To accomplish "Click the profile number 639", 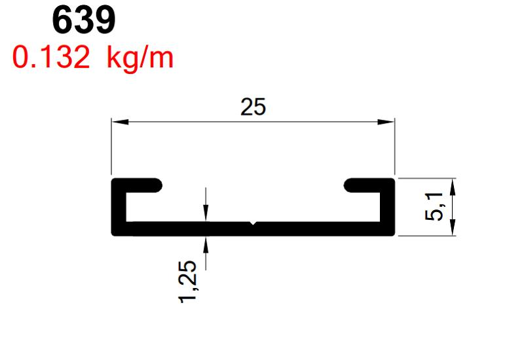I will click(84, 21).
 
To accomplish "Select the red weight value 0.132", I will click(50, 59).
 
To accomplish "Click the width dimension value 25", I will click(253, 107).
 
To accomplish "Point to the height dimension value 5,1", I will click(435, 206).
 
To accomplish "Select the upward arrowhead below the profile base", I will click(206, 243).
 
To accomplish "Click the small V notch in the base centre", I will click(253, 225).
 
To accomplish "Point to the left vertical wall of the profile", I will click(119, 206).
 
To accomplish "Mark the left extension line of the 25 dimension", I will click(111, 147).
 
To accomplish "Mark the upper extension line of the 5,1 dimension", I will click(426, 177).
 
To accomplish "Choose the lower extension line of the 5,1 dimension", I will click(426, 235).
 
